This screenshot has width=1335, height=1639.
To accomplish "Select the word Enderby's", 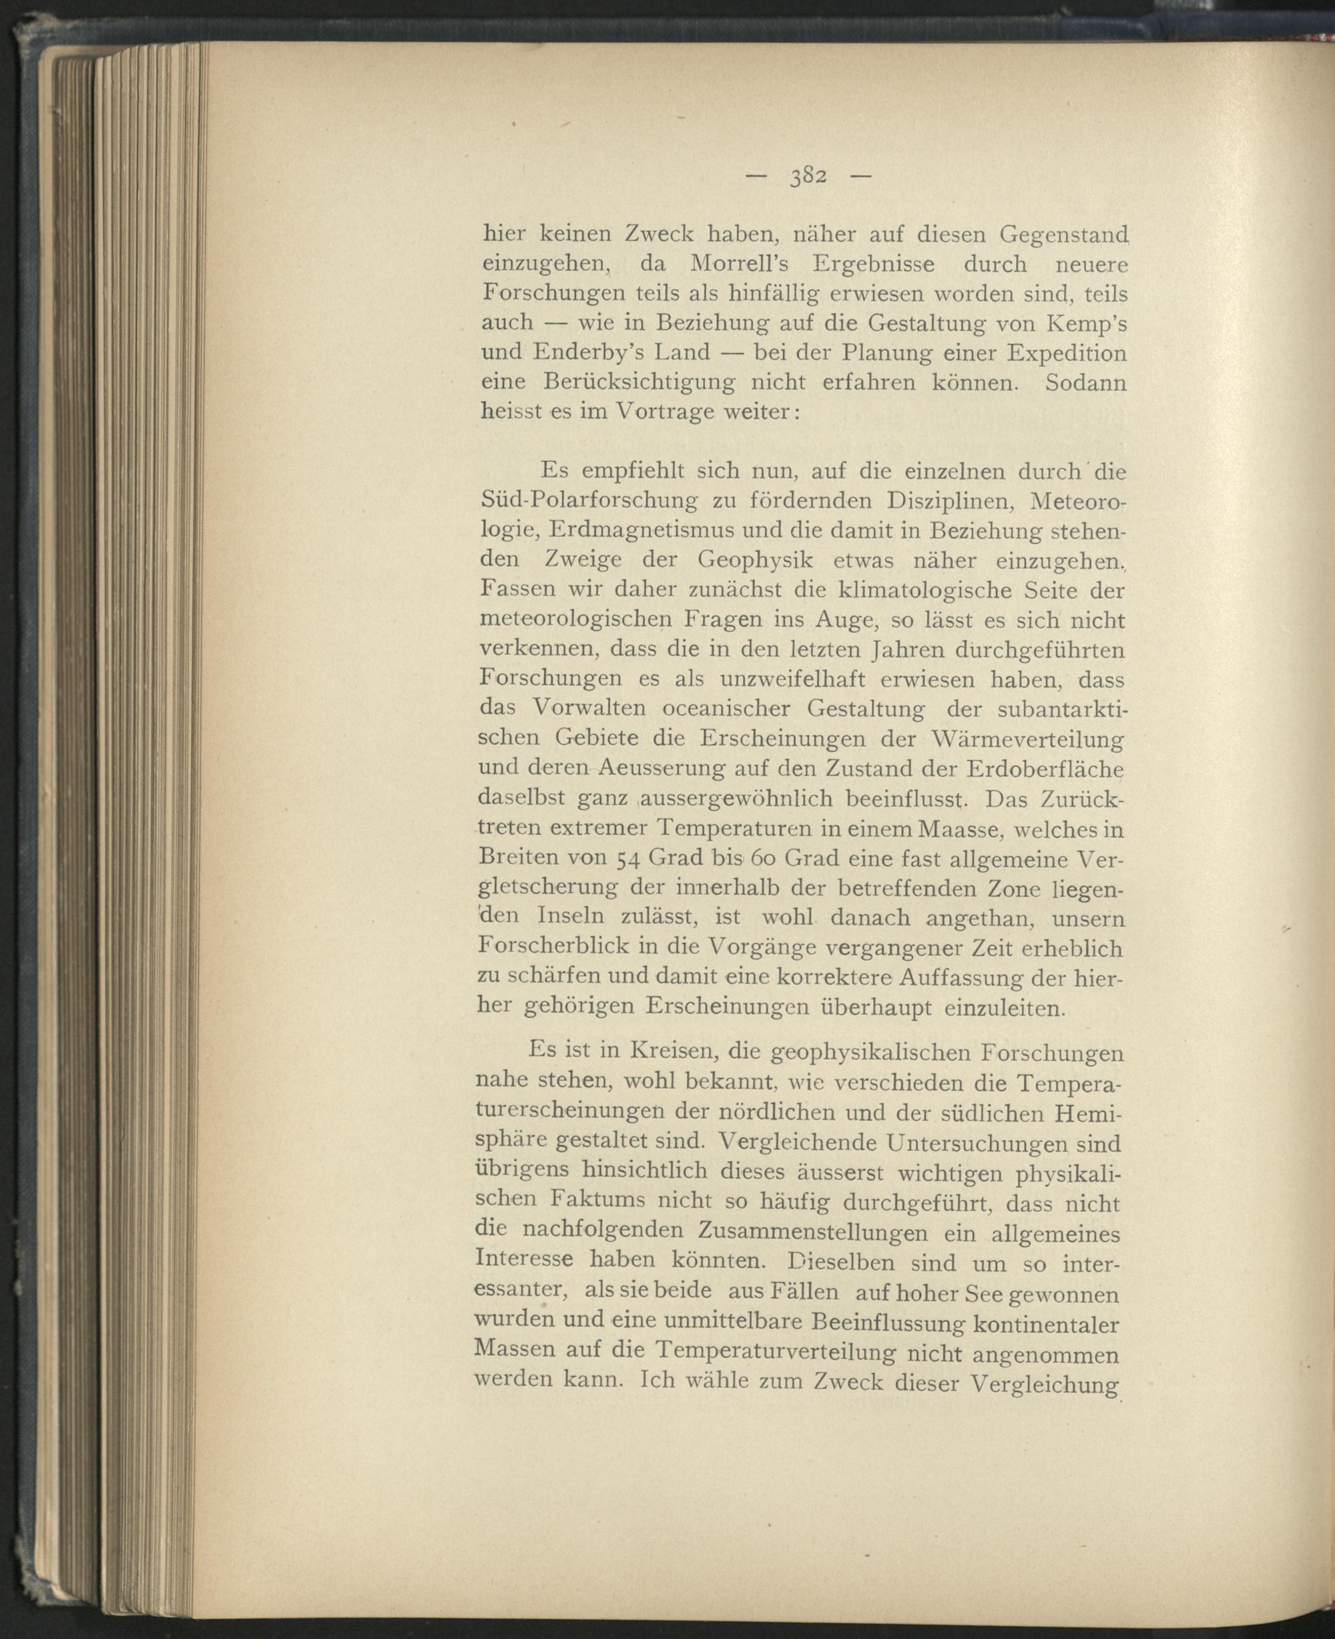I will click(x=595, y=353).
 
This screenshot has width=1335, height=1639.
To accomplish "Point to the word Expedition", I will click(x=1067, y=353).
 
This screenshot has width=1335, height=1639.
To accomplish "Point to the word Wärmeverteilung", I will click(x=1026, y=739).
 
